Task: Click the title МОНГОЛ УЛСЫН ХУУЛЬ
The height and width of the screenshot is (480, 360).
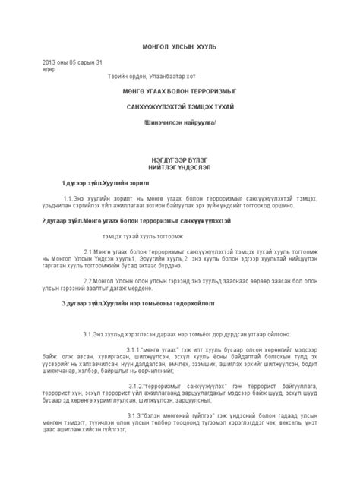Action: (x=179, y=46)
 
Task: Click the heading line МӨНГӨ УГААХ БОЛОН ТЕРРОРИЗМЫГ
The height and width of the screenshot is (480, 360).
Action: (x=179, y=90)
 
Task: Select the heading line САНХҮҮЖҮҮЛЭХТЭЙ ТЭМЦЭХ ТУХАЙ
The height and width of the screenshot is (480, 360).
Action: (x=180, y=106)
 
